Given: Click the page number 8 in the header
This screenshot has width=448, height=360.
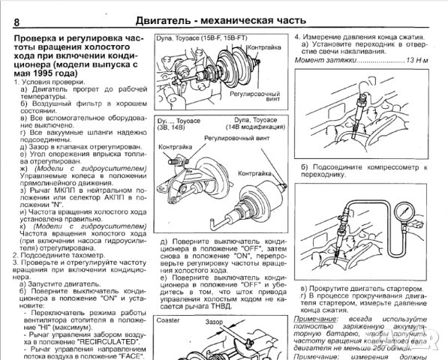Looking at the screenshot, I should point(17,20).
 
